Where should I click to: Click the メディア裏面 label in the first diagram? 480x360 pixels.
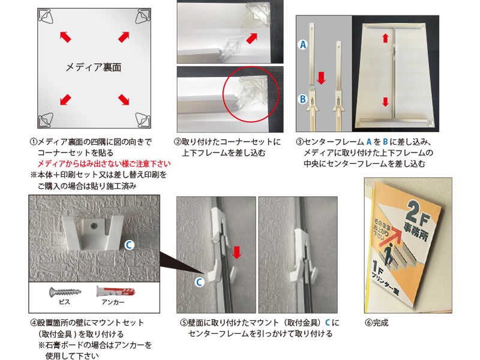tap(94, 67)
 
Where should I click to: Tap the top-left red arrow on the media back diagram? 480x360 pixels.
tap(65, 37)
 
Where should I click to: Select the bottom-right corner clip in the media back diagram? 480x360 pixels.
tap(143, 119)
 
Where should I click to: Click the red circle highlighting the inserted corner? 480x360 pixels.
tap(250, 94)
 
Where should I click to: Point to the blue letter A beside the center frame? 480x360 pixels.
tap(302, 44)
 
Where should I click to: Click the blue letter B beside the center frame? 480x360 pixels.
tap(302, 99)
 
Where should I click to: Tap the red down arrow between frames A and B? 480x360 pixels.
tap(321, 78)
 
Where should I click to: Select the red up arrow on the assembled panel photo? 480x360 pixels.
tap(385, 38)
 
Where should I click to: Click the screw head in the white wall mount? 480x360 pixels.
tap(93, 226)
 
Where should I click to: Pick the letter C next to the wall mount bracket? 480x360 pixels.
tap(129, 245)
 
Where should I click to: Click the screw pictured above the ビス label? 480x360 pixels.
tap(65, 292)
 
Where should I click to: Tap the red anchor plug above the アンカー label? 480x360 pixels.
tap(115, 291)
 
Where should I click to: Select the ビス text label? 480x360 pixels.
tap(65, 302)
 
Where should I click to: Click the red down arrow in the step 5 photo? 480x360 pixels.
tap(236, 252)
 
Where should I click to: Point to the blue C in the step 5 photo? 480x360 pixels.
tap(199, 282)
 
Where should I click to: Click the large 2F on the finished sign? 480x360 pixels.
tap(419, 213)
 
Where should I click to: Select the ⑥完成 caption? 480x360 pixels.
tap(377, 323)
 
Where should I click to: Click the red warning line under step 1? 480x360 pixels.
tap(104, 164)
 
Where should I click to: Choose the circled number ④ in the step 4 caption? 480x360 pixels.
tap(34, 323)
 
